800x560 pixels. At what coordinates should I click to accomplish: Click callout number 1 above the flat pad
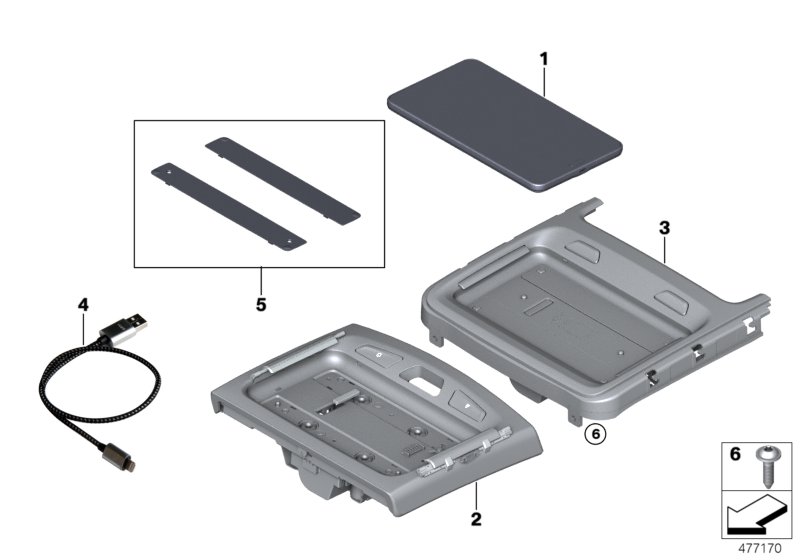[544, 60]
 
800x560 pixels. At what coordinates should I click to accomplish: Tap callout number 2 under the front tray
[476, 519]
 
